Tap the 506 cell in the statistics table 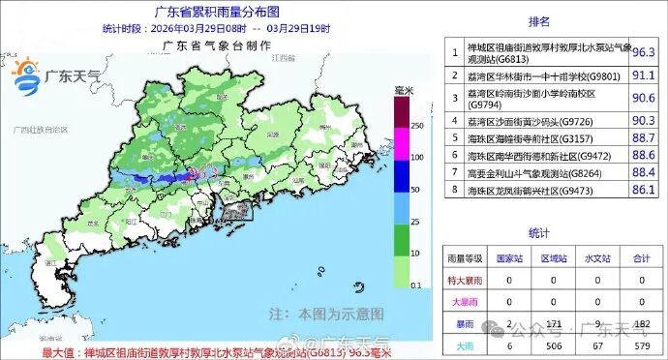tap(551, 345)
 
